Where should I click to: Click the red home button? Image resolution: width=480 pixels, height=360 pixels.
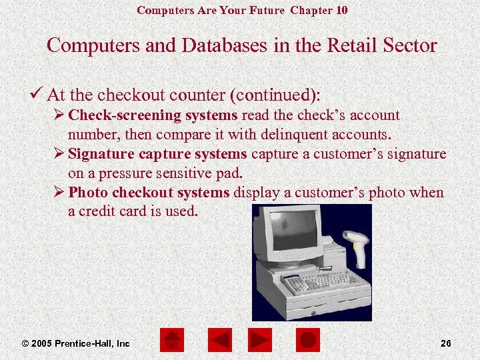(171, 341)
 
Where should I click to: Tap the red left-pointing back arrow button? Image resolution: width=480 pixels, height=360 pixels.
(219, 341)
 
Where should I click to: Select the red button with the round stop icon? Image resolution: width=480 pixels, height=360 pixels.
(308, 341)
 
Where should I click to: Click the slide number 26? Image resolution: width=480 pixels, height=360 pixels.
(446, 343)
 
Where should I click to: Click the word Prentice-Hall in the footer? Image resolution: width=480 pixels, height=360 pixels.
(86, 343)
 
